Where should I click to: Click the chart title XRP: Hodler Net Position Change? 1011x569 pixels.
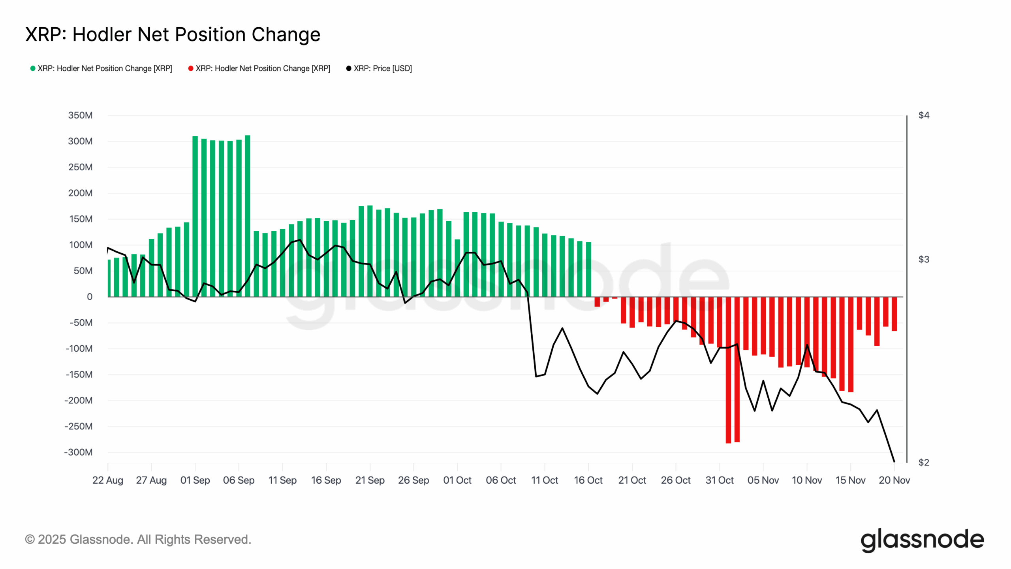click(x=173, y=35)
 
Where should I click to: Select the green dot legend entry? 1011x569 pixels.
click(x=101, y=68)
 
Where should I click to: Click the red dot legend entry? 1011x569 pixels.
click(x=259, y=68)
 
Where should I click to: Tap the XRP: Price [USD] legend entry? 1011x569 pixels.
click(x=379, y=68)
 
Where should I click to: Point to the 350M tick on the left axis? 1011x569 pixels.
click(x=80, y=115)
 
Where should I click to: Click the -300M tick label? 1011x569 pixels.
click(x=78, y=452)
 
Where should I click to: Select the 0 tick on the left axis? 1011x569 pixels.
click(x=90, y=297)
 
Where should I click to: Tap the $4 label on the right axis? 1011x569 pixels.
click(x=924, y=115)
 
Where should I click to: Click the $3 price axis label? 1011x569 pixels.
click(x=924, y=260)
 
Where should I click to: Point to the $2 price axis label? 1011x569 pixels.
click(x=924, y=462)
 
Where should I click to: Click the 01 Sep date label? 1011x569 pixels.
click(x=195, y=480)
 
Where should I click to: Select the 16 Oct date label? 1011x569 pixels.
click(x=588, y=480)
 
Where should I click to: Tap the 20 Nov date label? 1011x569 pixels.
click(x=894, y=480)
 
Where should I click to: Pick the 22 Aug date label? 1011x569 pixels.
click(x=108, y=480)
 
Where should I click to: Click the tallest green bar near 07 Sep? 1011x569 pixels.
click(x=248, y=215)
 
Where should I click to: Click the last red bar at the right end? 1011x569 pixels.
click(x=894, y=314)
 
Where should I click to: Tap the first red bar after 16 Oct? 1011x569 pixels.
click(x=597, y=302)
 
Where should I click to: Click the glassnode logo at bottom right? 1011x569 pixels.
click(x=922, y=540)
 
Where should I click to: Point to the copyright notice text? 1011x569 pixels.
click(x=138, y=539)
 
